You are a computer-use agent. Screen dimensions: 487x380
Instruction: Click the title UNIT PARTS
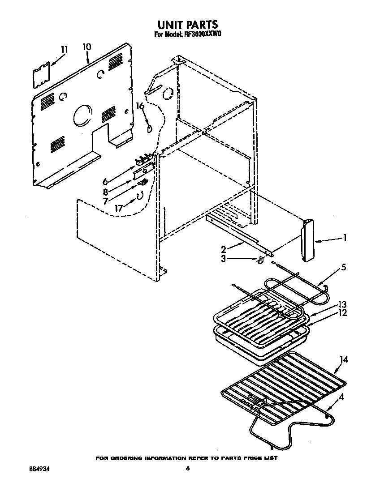(x=187, y=24)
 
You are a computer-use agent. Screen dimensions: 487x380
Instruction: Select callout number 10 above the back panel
(x=86, y=47)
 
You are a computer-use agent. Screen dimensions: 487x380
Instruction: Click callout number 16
(x=140, y=107)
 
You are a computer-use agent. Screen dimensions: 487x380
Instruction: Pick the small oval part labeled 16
(x=149, y=128)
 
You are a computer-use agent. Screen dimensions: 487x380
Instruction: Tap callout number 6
(x=105, y=182)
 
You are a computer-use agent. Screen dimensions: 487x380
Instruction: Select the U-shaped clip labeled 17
(x=139, y=196)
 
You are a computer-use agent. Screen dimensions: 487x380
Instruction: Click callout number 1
(x=345, y=238)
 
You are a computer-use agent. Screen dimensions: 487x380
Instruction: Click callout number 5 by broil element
(x=344, y=268)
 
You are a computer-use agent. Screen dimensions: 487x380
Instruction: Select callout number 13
(x=343, y=305)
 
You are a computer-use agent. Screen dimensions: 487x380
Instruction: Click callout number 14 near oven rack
(x=344, y=359)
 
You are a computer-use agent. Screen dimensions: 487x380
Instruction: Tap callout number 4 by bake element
(x=342, y=396)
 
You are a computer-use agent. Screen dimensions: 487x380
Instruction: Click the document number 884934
(x=39, y=469)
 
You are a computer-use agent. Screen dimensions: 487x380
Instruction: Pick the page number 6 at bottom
(x=188, y=469)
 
